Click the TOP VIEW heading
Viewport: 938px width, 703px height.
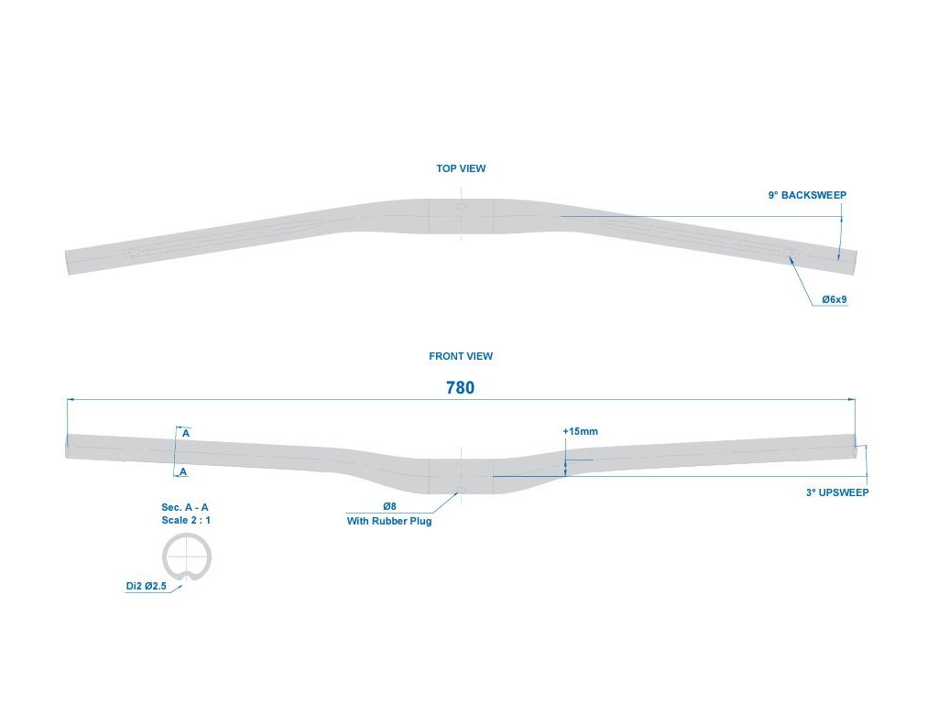[461, 168]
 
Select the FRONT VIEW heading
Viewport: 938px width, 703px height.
[461, 356]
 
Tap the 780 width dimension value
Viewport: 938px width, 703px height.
[460, 387]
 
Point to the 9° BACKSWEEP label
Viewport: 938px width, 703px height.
[807, 195]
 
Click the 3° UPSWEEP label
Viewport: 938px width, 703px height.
[837, 492]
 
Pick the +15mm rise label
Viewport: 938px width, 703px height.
[580, 431]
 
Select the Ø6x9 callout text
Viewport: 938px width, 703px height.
[834, 299]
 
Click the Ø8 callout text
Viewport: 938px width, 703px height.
[389, 506]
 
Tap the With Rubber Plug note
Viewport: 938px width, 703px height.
[388, 521]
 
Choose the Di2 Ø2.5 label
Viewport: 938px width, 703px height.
[147, 587]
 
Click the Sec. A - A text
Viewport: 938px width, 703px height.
[185, 506]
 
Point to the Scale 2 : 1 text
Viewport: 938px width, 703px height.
[185, 520]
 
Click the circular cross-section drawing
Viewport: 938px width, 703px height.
[187, 557]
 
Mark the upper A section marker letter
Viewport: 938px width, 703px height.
[185, 433]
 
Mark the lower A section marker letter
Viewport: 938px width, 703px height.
[184, 472]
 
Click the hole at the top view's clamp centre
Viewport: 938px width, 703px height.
[461, 208]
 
